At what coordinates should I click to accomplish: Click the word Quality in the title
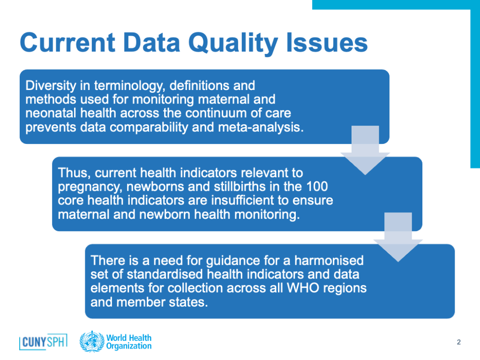click(x=233, y=44)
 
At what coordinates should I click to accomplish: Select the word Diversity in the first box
click(x=51, y=86)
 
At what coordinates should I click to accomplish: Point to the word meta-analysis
click(x=261, y=127)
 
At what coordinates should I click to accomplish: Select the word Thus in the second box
click(x=74, y=173)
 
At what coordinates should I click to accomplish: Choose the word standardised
click(x=165, y=274)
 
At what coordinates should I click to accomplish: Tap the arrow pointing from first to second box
click(x=365, y=150)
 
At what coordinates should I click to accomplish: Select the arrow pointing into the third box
click(x=398, y=237)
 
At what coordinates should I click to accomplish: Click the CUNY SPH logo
click(x=43, y=342)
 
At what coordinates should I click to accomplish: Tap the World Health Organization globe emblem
click(x=92, y=341)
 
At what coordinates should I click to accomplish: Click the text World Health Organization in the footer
click(x=129, y=342)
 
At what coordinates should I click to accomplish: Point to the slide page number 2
click(x=458, y=342)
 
